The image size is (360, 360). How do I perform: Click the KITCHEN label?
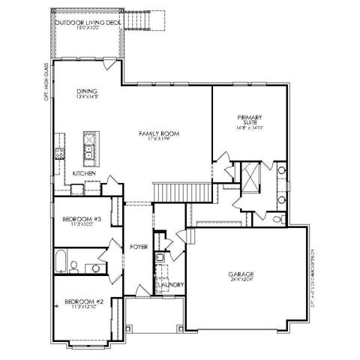click(x=83, y=174)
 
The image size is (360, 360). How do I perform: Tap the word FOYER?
click(x=138, y=246)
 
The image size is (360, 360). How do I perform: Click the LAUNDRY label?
click(x=166, y=285)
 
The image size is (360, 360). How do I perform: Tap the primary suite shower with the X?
click(x=250, y=178)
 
